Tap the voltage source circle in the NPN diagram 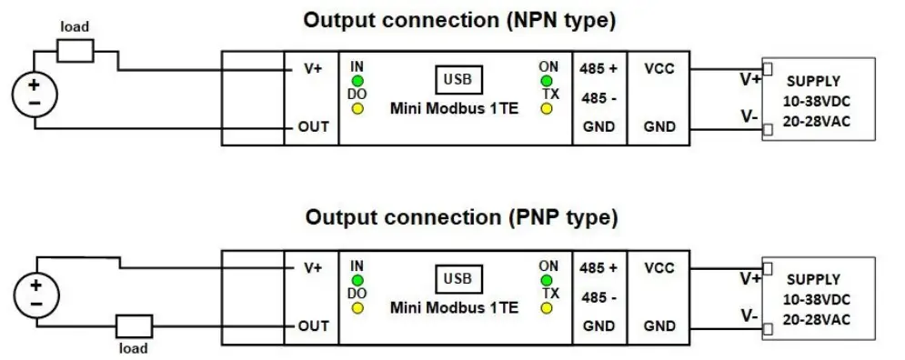(x=34, y=95)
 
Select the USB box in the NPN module (x=458, y=79)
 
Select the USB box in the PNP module (x=458, y=277)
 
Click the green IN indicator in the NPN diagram (x=357, y=81)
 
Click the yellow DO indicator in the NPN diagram (x=357, y=109)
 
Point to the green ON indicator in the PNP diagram (x=548, y=279)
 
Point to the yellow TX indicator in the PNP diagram (x=548, y=308)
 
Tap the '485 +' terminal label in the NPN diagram (x=599, y=69)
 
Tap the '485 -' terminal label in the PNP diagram (x=599, y=297)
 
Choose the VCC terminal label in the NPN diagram (x=659, y=69)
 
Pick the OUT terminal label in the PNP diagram (x=313, y=325)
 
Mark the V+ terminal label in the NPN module (x=312, y=69)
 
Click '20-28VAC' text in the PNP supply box (x=817, y=318)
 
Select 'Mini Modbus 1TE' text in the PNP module (x=454, y=308)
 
